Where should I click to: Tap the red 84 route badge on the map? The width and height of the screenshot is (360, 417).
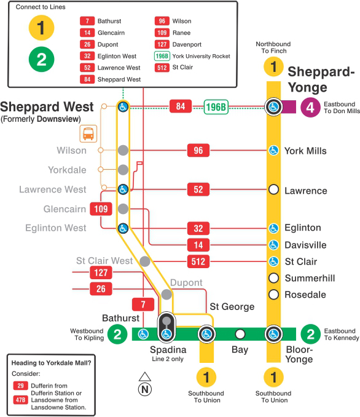click(x=181, y=106)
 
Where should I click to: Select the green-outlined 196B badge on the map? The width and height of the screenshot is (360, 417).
click(x=216, y=107)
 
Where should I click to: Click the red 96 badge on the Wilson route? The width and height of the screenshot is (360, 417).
click(x=198, y=150)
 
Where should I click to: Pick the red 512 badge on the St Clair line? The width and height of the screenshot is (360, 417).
click(x=198, y=261)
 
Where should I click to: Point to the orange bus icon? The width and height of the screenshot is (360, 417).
click(x=89, y=133)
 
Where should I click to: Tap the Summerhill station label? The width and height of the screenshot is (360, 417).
click(x=310, y=278)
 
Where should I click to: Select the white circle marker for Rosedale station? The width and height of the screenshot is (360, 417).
click(x=274, y=294)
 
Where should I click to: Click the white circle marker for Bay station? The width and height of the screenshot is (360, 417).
click(x=240, y=335)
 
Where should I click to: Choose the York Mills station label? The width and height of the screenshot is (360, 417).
click(x=305, y=151)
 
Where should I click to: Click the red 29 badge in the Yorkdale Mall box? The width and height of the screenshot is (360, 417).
click(x=20, y=385)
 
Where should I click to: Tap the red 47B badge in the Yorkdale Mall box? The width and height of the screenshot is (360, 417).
click(x=20, y=400)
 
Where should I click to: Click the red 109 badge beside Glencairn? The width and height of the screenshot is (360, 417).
click(x=101, y=209)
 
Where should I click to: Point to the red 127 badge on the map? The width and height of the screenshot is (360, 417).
click(x=101, y=272)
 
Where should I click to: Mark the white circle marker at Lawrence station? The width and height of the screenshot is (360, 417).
click(x=274, y=190)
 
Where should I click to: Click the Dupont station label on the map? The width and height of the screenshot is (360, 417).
click(x=186, y=283)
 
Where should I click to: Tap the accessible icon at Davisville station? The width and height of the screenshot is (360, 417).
click(x=274, y=245)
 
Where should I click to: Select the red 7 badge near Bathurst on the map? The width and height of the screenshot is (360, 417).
click(x=143, y=304)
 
